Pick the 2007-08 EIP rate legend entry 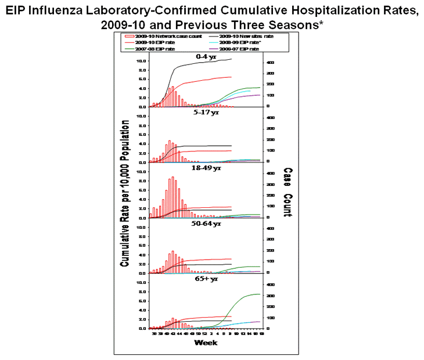149,49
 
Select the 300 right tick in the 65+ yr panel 271,296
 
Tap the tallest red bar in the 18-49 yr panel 173,197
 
